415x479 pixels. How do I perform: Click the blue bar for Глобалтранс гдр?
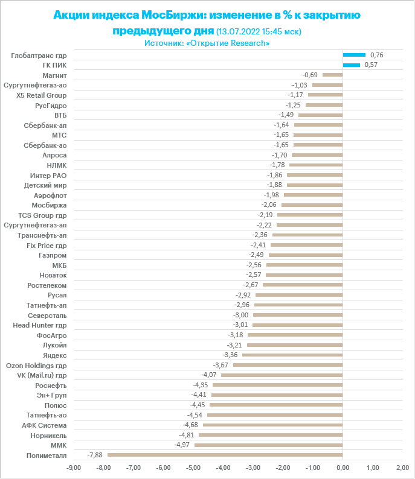click(x=354, y=55)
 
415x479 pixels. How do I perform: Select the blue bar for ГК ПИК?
click(x=351, y=65)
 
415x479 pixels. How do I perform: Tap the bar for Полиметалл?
click(x=225, y=455)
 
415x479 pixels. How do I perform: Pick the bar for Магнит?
click(x=332, y=75)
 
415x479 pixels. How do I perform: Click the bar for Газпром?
click(x=306, y=255)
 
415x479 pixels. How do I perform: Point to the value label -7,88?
click(x=95, y=455)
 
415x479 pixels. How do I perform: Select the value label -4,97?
click(x=182, y=445)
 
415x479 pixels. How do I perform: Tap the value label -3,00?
click(x=240, y=315)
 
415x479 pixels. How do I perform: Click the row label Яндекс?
click(x=55, y=355)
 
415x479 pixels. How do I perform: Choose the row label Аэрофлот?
click(x=51, y=195)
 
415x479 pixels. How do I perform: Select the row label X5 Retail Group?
click(x=42, y=95)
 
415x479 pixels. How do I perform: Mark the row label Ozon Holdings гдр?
click(x=36, y=365)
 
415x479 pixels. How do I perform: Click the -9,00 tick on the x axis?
click(x=73, y=468)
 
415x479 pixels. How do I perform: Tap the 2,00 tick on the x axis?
click(x=402, y=468)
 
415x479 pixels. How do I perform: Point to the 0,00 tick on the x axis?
click(x=343, y=468)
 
